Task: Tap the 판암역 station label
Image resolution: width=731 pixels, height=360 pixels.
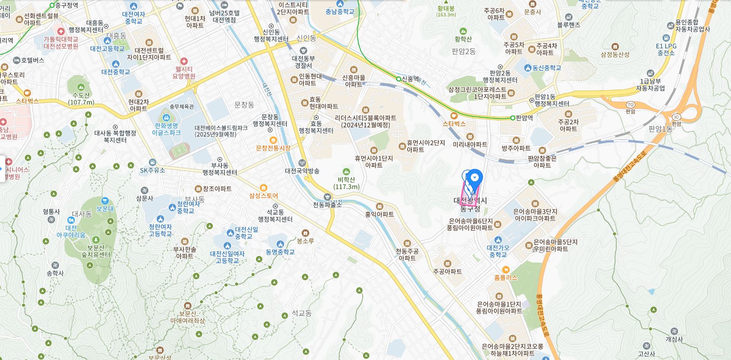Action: [524, 118]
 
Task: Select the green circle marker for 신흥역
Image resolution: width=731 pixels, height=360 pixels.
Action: [399, 79]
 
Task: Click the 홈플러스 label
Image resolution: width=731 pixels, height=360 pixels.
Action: [506, 277]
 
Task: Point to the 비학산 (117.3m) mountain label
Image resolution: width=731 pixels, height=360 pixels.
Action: [346, 183]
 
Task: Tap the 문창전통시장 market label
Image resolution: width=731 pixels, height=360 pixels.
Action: [273, 148]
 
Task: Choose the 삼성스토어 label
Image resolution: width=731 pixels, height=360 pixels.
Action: [264, 196]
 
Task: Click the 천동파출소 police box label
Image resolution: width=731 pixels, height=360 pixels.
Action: [327, 204]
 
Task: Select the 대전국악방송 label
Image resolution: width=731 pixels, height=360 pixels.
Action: [302, 171]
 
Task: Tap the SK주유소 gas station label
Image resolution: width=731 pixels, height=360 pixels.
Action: [153, 170]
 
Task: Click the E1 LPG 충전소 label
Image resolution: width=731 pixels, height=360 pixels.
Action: [666, 49]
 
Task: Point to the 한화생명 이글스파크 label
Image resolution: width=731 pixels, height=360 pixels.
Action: [166, 129]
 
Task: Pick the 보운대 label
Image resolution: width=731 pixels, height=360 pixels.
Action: [105, 208]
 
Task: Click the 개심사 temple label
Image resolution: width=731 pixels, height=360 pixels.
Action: [674, 339]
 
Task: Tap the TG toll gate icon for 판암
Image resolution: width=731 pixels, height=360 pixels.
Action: [631, 105]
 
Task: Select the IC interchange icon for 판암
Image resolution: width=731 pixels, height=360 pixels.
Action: [677, 117]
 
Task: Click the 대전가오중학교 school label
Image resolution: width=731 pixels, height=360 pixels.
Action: [498, 251]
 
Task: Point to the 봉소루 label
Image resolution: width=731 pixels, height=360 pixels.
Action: [305, 241]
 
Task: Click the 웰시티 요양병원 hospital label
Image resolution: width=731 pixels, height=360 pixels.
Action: [184, 73]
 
